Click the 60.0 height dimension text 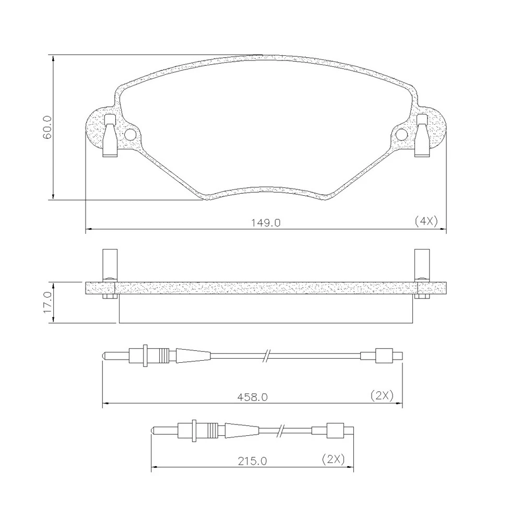(48, 127)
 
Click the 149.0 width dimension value (266, 222)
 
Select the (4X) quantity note (426, 221)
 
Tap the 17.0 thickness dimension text (48, 302)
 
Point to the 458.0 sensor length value (252, 397)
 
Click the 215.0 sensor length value (252, 461)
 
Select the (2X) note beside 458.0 (382, 396)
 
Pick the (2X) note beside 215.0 (333, 459)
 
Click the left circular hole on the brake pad (130, 135)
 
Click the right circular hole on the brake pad (402, 135)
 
